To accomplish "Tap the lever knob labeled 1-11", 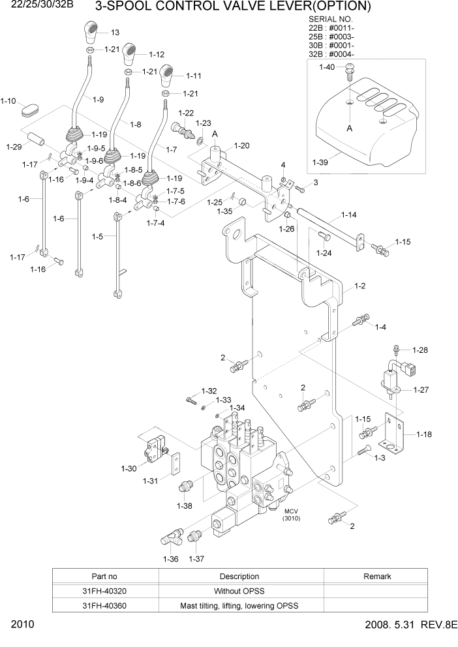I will (166, 76).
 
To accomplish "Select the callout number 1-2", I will (359, 286).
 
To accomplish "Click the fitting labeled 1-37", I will (194, 538).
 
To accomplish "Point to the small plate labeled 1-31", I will (176, 466).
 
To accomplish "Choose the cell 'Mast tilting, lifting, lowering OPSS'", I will (239, 605).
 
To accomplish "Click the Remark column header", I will (376, 576).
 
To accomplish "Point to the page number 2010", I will (22, 625).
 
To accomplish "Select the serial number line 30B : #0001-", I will (331, 46).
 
